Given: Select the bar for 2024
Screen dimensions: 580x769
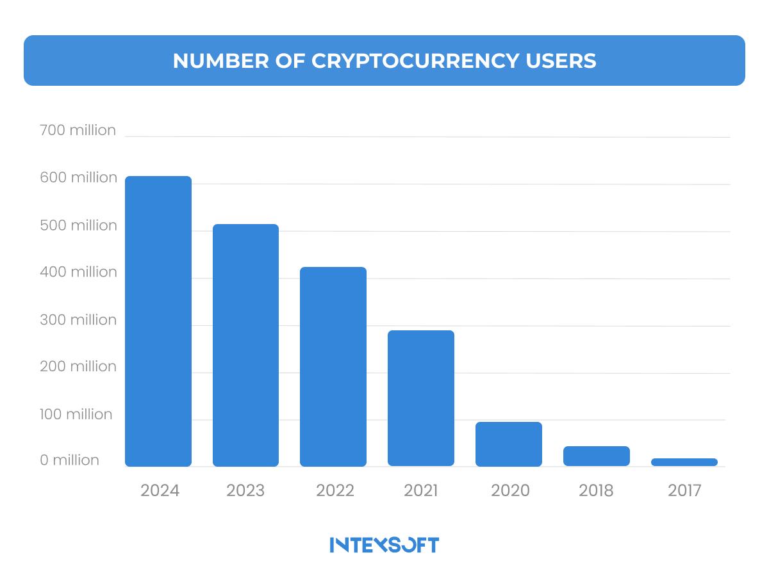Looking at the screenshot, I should [158, 321].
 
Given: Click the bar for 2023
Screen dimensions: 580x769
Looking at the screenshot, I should [245, 345].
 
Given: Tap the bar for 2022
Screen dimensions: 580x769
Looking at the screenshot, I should [333, 367].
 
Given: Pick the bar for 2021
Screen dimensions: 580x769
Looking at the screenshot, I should [421, 398].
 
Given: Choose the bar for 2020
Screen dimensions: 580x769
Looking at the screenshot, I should [509, 444].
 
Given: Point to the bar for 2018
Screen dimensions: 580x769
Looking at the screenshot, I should [597, 456].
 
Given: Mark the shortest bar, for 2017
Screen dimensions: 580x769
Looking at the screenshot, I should [684, 462].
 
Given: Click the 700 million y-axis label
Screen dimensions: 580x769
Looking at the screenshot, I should [78, 131].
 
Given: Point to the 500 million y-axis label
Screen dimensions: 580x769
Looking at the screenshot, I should [78, 225].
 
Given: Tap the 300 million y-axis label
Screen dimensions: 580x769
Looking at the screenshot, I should [78, 319].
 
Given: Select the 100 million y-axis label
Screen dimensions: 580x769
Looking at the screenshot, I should [76, 414].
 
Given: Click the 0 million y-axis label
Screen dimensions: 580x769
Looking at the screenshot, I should [69, 460].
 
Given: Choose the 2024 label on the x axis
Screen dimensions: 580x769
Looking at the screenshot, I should [160, 491].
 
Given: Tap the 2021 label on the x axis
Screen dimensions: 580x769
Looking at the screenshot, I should [421, 491].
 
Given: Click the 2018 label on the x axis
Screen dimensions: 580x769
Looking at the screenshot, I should [596, 491].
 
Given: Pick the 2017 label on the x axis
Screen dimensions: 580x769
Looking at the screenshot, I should [684, 491].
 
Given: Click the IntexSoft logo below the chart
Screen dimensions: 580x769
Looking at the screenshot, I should [384, 545].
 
